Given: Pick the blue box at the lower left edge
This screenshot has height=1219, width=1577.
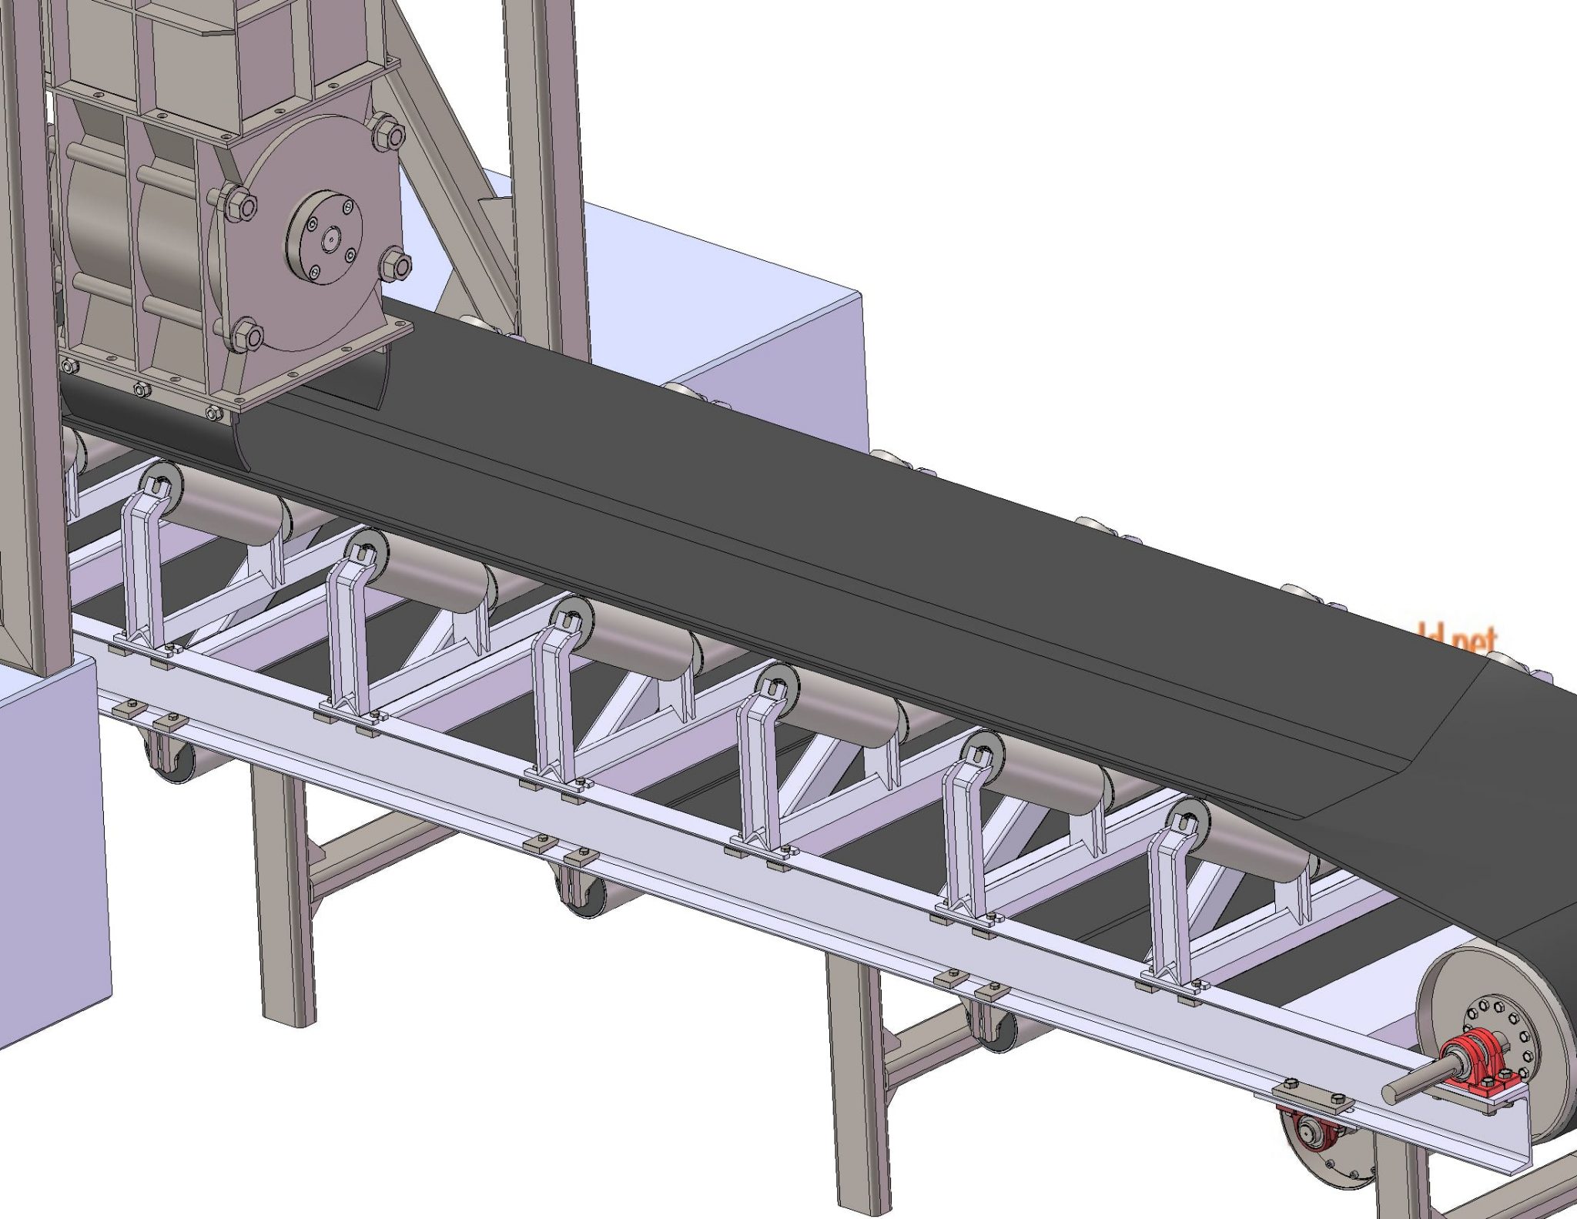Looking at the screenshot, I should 50,847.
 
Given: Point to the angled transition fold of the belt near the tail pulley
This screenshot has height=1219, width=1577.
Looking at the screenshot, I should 1448,739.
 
